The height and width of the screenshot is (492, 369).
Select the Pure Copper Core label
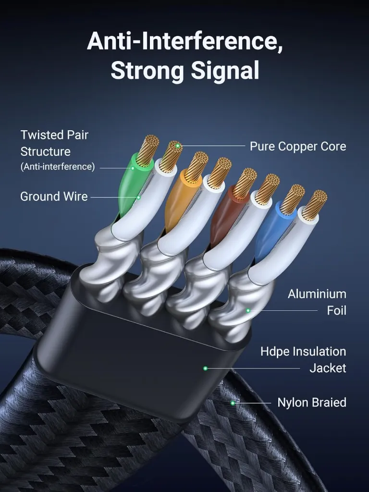click(x=298, y=146)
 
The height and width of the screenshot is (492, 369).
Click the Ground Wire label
click(x=54, y=197)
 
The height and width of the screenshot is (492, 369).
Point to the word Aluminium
click(x=317, y=294)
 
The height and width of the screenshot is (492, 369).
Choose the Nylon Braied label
click(x=312, y=402)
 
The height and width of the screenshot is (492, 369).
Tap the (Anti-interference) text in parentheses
click(x=58, y=167)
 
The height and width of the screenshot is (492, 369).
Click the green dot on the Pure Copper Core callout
click(x=178, y=146)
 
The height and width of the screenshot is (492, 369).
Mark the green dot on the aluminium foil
click(x=248, y=311)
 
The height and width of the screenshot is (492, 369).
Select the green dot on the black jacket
click(x=205, y=368)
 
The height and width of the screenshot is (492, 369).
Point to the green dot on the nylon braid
click(x=233, y=403)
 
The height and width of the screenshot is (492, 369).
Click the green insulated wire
click(x=130, y=185)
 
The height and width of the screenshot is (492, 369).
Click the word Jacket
click(x=328, y=368)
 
